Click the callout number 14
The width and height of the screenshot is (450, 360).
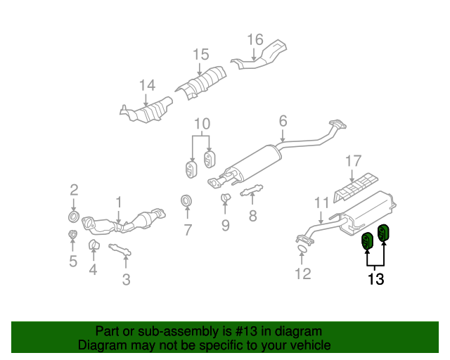(x=146, y=86)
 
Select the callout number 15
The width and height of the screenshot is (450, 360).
(x=200, y=54)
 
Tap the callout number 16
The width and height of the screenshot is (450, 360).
(x=255, y=39)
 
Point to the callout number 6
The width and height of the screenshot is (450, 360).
(x=283, y=122)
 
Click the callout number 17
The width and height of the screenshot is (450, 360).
(x=353, y=162)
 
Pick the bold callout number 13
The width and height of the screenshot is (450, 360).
(x=375, y=279)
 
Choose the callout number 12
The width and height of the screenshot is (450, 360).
(x=302, y=274)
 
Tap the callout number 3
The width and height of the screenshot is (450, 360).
(x=126, y=281)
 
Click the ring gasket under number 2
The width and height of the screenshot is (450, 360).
(x=74, y=213)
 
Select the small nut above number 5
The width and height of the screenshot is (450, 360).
(x=72, y=235)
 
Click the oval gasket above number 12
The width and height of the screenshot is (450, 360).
(x=302, y=248)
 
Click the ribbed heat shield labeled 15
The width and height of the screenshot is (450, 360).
(x=202, y=84)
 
